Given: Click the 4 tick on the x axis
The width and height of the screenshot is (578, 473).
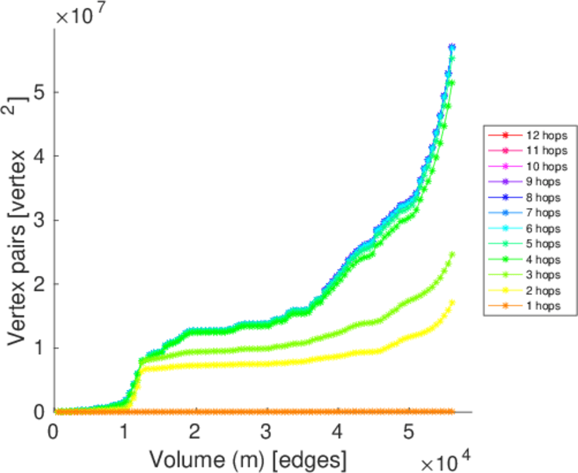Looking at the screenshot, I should [x=338, y=432].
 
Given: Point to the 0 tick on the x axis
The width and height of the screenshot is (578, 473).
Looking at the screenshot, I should [x=54, y=432].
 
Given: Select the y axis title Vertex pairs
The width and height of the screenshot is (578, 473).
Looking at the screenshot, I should [x=19, y=213].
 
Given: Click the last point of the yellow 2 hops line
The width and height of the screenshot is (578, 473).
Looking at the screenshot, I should [x=452, y=302].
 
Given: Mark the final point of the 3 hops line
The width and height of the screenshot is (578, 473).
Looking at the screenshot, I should [x=452, y=255].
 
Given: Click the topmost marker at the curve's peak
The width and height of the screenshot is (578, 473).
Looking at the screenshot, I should [x=452, y=47].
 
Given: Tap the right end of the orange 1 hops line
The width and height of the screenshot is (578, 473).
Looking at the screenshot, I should [x=452, y=412].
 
